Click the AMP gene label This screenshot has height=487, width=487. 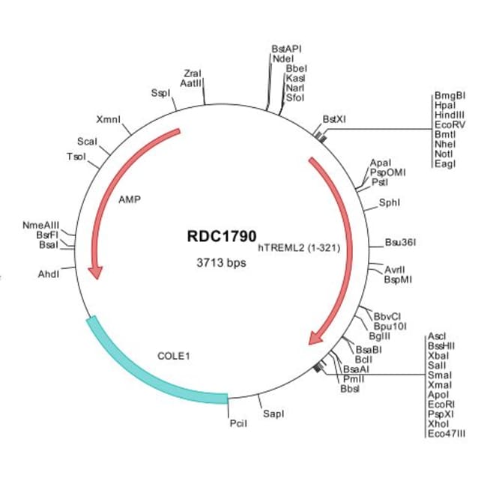130,200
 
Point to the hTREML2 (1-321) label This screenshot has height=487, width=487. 300,246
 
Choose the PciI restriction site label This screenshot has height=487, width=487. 238,424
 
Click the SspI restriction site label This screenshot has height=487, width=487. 161,94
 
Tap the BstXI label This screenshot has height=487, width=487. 334,118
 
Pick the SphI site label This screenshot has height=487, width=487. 390,202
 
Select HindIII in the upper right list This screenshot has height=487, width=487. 449,115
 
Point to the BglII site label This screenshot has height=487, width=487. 379,337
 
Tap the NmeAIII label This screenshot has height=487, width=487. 41,225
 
